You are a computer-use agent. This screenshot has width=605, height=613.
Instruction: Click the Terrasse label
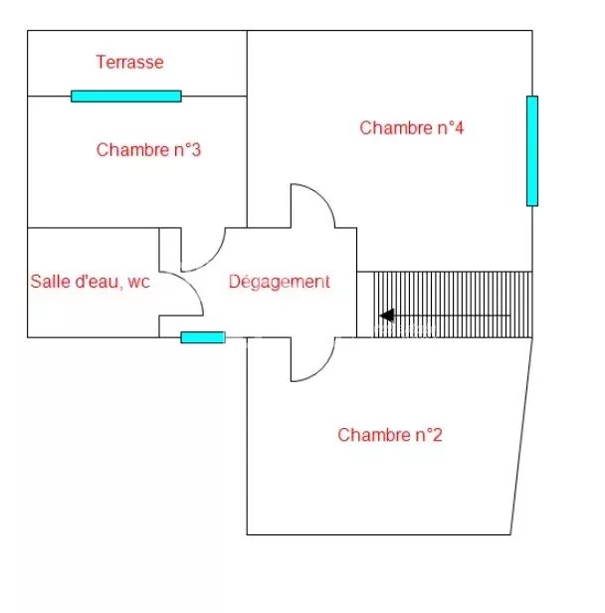pyautogui.click(x=129, y=62)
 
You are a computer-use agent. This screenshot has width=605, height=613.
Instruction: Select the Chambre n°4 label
pyautogui.click(x=412, y=127)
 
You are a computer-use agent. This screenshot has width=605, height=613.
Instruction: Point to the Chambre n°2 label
pyautogui.click(x=389, y=435)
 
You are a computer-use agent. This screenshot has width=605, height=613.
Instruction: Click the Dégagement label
pyautogui.click(x=279, y=282)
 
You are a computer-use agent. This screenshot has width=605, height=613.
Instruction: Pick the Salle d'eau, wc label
pyautogui.click(x=90, y=282)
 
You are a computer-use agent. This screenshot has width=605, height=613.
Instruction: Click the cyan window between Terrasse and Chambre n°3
pyautogui.click(x=125, y=97)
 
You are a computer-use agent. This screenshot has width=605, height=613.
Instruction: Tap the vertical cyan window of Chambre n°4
pyautogui.click(x=532, y=150)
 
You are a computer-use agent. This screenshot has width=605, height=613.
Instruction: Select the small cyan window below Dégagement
pyautogui.click(x=202, y=337)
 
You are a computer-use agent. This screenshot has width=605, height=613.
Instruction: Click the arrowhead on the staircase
pyautogui.click(x=386, y=315)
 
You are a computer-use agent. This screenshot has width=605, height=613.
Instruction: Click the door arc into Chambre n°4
pyautogui.click(x=316, y=203)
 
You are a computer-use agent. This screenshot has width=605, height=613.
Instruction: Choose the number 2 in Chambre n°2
pyautogui.click(x=436, y=435)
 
